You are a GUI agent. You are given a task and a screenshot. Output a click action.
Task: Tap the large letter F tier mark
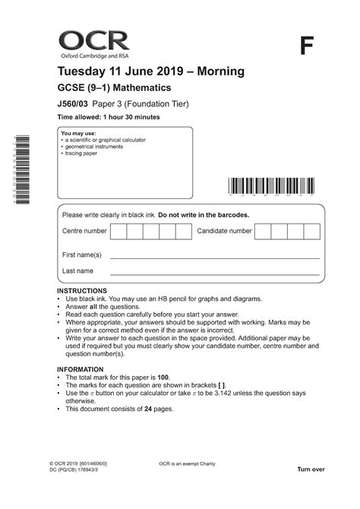306,46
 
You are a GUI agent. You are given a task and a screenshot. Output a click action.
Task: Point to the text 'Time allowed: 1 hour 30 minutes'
109,117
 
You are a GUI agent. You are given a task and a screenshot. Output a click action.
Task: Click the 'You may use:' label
78,133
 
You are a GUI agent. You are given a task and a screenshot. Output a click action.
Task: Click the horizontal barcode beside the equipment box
268,187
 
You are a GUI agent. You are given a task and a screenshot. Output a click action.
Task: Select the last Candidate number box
311,231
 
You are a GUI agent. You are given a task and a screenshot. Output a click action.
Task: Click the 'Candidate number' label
224,231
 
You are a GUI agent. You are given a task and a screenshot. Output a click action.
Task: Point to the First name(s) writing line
215,258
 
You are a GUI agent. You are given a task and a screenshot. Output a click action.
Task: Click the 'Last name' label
77,270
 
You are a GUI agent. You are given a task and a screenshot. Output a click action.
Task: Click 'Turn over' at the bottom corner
311,469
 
